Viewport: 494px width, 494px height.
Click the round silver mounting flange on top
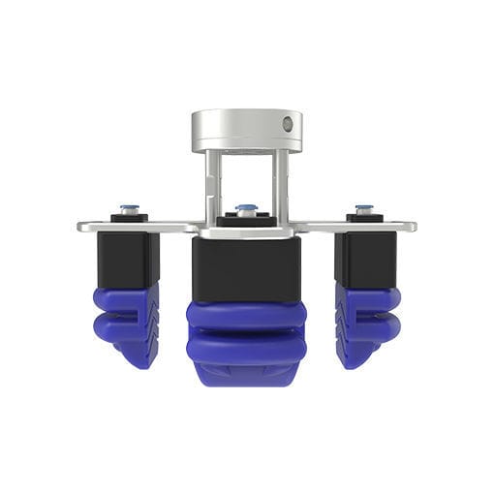click(x=246, y=129)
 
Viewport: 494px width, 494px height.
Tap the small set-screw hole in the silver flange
click(x=288, y=124)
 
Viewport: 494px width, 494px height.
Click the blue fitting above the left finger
click(x=128, y=208)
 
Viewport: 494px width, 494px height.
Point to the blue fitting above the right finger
click(x=364, y=208)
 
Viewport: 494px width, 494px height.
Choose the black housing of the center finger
click(x=246, y=268)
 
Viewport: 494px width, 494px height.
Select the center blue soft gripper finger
click(x=246, y=339)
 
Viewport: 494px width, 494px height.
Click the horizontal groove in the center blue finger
click(x=246, y=329)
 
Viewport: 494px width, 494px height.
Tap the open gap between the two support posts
click(x=246, y=179)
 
